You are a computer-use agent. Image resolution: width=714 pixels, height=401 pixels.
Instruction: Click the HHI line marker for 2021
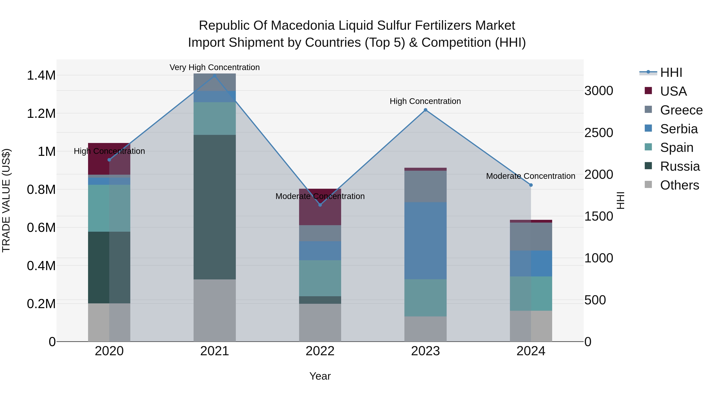pos(215,76)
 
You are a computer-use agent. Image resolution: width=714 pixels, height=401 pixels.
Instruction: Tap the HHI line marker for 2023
pos(425,110)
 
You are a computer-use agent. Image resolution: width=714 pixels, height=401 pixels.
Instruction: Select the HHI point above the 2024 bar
pos(531,185)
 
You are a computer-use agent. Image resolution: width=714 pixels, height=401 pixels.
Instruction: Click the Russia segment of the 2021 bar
pos(215,207)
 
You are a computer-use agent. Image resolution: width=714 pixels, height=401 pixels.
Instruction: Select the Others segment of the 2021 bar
pos(215,310)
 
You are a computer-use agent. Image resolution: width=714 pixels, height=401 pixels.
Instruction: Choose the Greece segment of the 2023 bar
pos(425,186)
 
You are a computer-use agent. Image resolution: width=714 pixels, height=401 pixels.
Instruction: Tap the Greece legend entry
pos(681,110)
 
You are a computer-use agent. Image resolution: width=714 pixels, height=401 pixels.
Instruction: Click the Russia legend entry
pos(680,166)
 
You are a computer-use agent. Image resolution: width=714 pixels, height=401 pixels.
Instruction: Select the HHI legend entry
pos(671,72)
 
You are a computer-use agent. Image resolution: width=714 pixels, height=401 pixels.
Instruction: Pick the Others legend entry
pos(679,185)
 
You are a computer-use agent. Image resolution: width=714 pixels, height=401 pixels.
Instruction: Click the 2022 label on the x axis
pos(320,351)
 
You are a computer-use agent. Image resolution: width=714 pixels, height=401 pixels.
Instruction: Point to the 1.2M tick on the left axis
pos(41,113)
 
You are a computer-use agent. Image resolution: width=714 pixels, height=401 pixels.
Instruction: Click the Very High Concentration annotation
pos(215,67)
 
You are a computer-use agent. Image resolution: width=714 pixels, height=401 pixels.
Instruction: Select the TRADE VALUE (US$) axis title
pos(6,200)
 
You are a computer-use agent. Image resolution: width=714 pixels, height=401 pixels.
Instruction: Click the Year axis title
pos(320,376)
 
